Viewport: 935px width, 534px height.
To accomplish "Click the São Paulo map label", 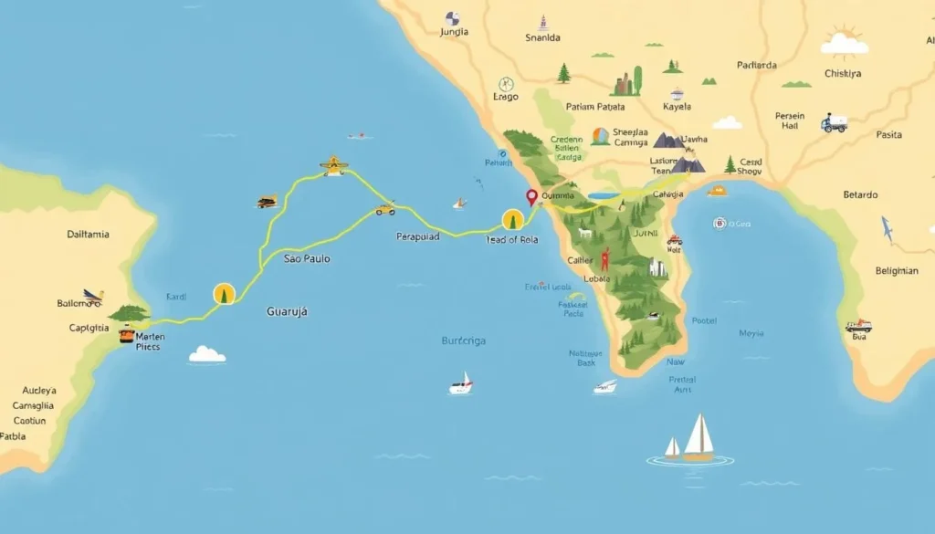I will click(307, 259).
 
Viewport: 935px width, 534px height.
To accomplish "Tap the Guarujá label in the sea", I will click(287, 311).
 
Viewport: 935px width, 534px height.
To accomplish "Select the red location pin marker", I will click(531, 196).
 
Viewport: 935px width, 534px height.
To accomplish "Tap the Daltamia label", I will click(89, 235).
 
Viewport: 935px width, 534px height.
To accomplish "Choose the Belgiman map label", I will click(896, 270).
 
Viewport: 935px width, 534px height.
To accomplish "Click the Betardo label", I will click(860, 194).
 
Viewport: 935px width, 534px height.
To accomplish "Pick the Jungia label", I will click(454, 33).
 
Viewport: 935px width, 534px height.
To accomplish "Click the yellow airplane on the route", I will click(334, 165).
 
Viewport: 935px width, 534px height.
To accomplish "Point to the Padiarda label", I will click(757, 65).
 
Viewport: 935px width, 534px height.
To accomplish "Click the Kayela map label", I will click(677, 107).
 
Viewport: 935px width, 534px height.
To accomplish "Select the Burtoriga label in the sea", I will click(464, 341).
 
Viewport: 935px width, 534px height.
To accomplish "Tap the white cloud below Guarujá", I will click(207, 354).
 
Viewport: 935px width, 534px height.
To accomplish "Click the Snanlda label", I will click(542, 38).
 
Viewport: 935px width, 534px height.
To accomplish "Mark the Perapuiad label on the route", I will click(418, 236).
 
